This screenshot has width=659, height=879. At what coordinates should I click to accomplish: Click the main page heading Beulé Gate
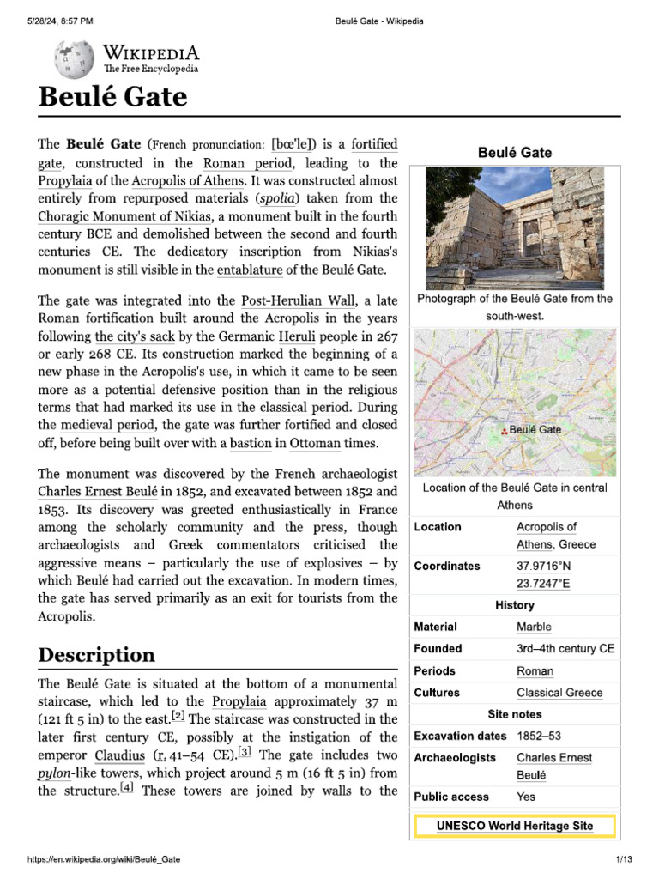click(x=112, y=97)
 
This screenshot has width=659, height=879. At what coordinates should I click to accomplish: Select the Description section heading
click(x=97, y=655)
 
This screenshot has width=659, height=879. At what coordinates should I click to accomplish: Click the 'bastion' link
click(x=251, y=443)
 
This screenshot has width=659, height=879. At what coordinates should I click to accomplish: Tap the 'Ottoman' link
click(x=315, y=443)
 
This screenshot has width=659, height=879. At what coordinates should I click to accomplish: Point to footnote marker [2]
click(x=178, y=716)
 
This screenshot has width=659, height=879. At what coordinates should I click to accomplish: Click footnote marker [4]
click(x=127, y=788)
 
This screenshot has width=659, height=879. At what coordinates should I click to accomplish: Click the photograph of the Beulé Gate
click(x=515, y=227)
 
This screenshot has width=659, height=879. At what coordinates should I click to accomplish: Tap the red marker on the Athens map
click(x=504, y=431)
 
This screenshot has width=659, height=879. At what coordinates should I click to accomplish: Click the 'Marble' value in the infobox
click(x=534, y=627)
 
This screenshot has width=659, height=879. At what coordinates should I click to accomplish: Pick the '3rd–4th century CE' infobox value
click(x=565, y=649)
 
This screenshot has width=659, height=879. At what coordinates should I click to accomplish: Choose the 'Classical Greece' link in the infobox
click(x=559, y=693)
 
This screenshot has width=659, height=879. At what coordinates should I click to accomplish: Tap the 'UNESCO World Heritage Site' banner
click(x=514, y=826)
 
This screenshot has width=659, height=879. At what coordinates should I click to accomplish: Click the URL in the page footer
click(x=105, y=859)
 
